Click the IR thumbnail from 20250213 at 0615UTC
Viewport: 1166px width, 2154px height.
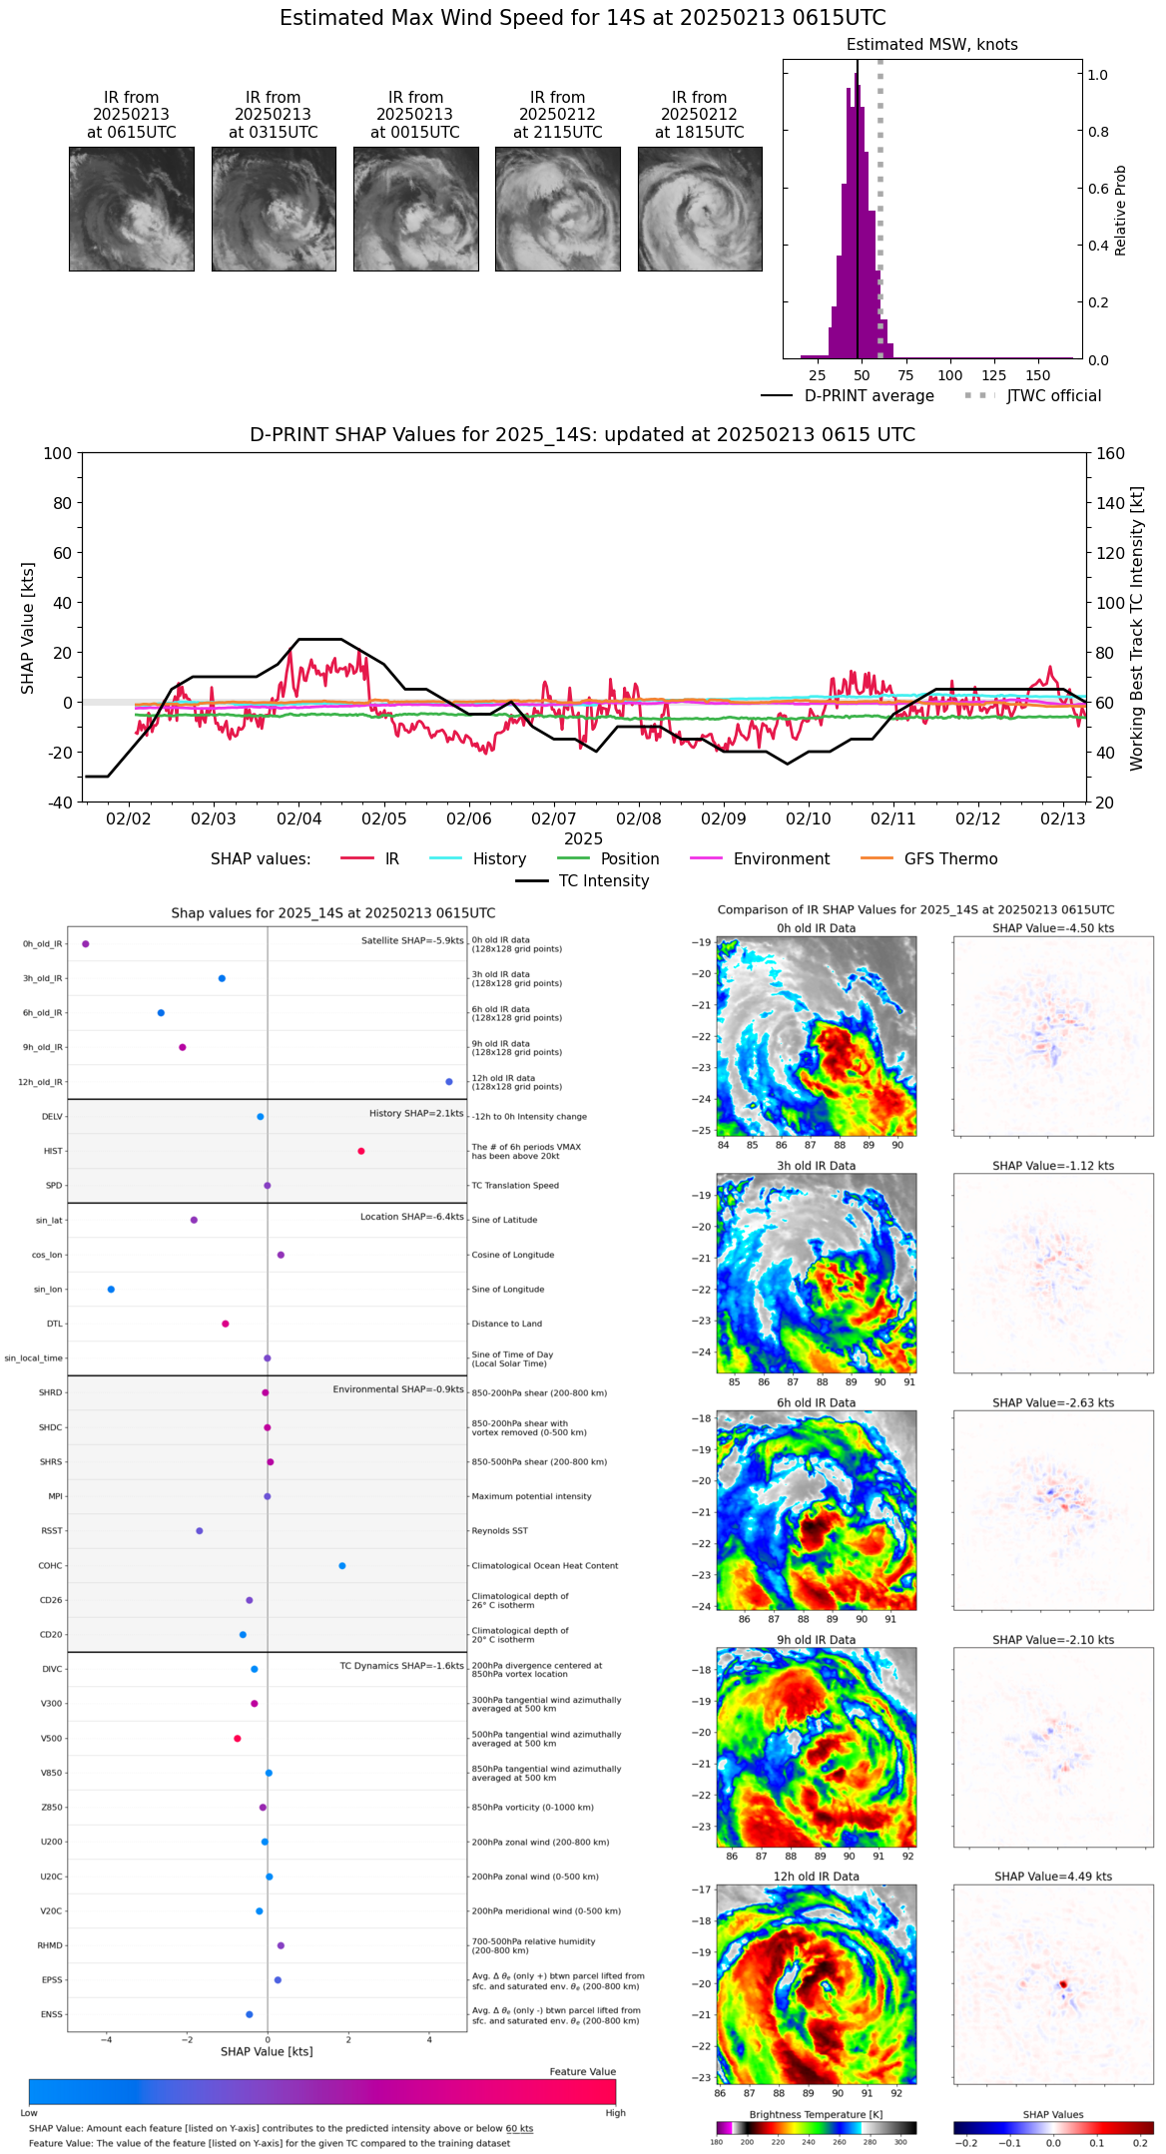click(x=131, y=209)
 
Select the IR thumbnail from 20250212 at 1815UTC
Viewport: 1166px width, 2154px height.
click(x=700, y=209)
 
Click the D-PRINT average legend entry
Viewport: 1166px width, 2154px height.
click(x=869, y=396)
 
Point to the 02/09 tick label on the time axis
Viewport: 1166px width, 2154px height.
click(x=723, y=818)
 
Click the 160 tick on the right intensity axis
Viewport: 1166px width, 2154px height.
click(x=1110, y=454)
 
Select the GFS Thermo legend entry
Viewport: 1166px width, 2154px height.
click(x=950, y=859)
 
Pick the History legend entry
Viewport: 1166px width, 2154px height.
click(x=499, y=859)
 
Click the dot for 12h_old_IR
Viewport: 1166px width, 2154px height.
click(x=449, y=1082)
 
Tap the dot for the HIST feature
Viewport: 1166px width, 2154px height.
click(x=361, y=1151)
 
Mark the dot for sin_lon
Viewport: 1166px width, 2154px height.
click(x=111, y=1290)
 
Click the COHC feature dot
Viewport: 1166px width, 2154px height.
click(x=342, y=1565)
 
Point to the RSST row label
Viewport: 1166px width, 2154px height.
click(x=52, y=1531)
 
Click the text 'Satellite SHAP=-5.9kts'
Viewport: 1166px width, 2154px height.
click(x=412, y=940)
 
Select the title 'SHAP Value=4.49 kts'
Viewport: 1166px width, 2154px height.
click(x=1053, y=1877)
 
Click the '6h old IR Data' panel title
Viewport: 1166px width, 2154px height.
click(x=816, y=1402)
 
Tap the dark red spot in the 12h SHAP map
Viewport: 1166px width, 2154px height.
click(x=1063, y=1984)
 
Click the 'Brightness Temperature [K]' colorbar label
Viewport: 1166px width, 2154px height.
click(x=816, y=2114)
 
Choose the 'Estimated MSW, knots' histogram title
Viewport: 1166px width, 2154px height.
click(x=931, y=45)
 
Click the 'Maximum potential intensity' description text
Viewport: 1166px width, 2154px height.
click(x=531, y=1496)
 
